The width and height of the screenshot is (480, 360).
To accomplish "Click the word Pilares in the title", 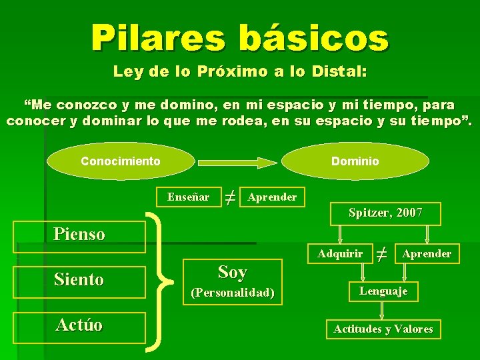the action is [159, 38].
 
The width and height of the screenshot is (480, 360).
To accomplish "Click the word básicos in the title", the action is [313, 38].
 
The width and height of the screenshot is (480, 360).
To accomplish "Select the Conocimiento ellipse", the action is [121, 161].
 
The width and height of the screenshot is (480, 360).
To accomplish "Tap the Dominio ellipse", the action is [355, 161].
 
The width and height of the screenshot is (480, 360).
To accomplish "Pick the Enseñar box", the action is [188, 197].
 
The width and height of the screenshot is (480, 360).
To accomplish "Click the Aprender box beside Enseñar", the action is [272, 197].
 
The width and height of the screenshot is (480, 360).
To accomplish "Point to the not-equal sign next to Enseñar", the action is [229, 197].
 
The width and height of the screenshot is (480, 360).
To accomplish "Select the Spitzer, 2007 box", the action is [385, 213].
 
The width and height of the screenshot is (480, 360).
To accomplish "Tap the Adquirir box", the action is [340, 253].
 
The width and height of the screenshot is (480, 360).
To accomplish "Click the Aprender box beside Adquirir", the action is [427, 253].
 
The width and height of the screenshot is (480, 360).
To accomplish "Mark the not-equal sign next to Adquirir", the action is [382, 253].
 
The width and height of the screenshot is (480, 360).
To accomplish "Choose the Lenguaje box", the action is [383, 291].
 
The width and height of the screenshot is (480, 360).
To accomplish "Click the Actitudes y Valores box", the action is [383, 329].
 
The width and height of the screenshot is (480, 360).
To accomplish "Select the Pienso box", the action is [79, 234].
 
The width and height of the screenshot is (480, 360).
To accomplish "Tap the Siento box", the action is [79, 279].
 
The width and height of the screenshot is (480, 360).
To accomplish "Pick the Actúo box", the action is [79, 325].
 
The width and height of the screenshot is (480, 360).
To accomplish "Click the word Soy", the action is [233, 272].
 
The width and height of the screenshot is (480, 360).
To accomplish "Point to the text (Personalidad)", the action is [233, 293].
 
